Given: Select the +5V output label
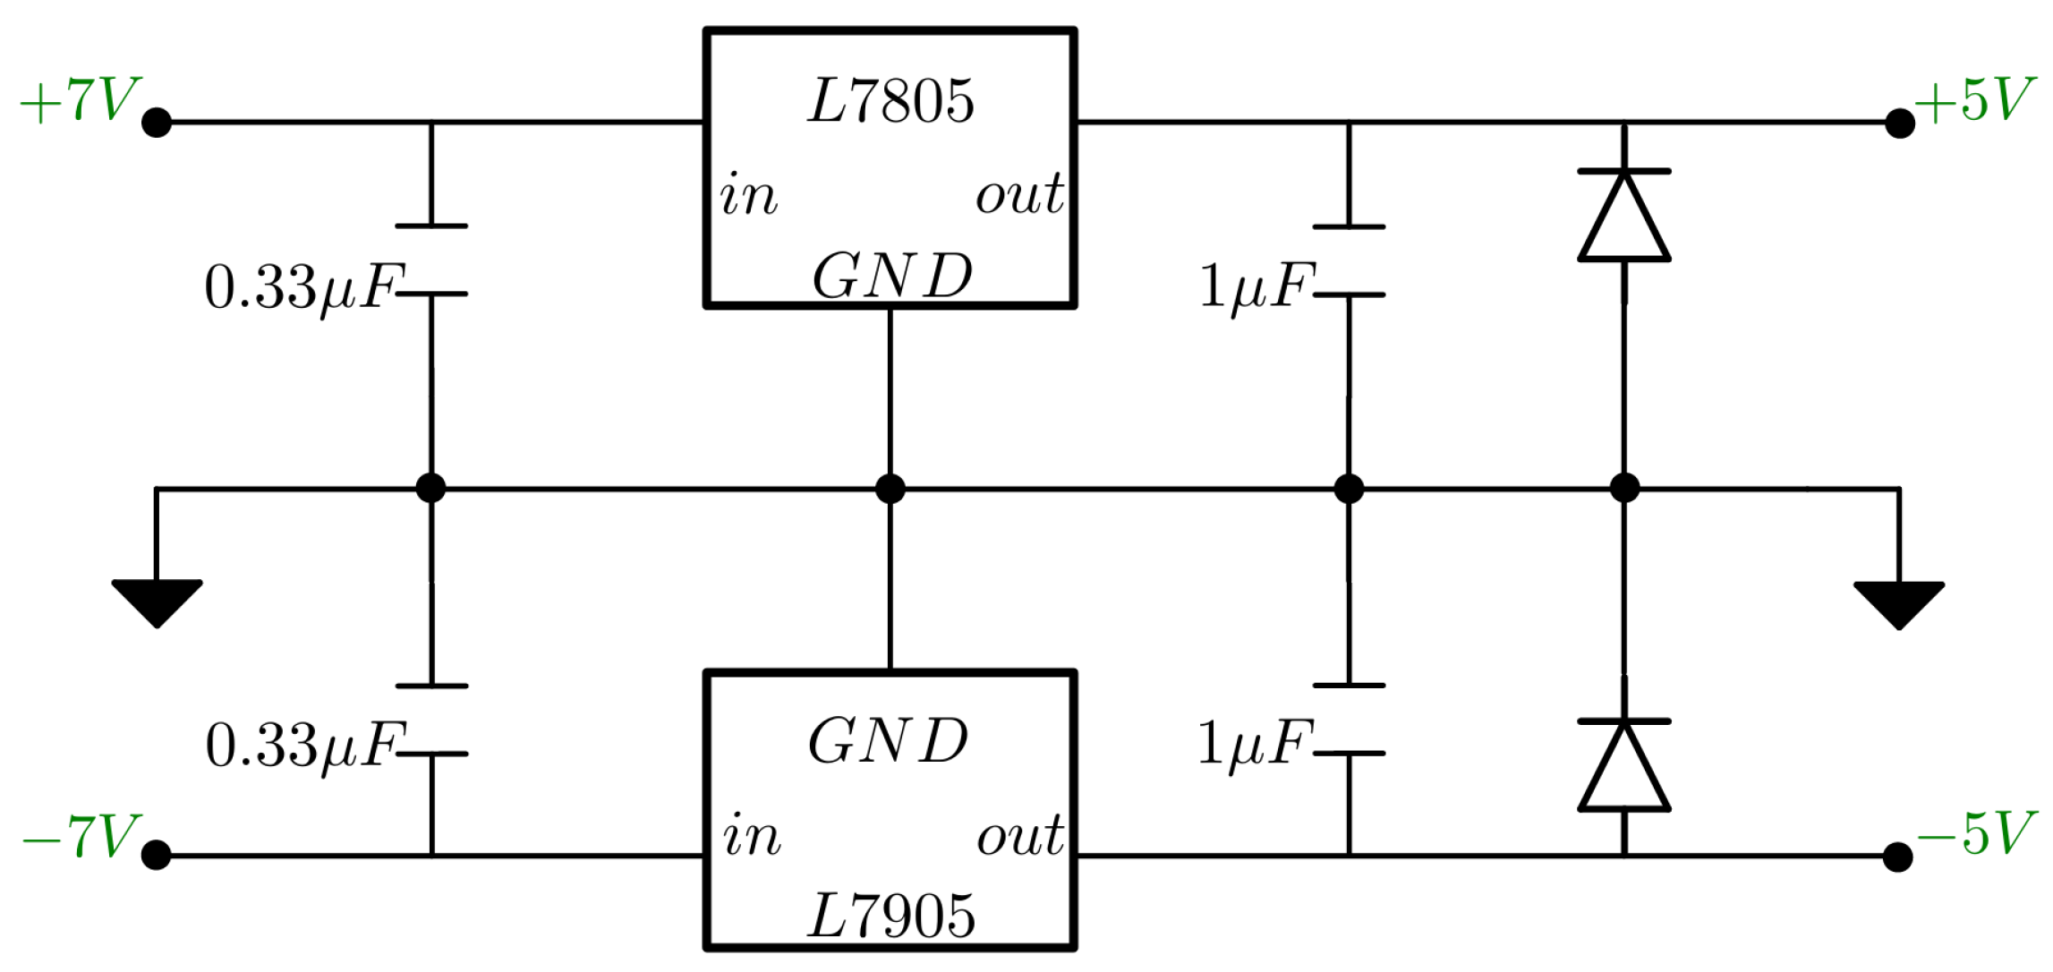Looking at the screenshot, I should pos(1974,100).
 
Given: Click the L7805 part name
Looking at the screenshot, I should pos(890,101).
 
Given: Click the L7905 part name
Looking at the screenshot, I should pos(890,917).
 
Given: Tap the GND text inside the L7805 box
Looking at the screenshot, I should pos(891,277).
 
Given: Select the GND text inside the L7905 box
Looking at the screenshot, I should pos(888,741).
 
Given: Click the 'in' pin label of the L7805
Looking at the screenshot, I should pos(748,194).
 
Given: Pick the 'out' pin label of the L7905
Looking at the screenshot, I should pos(1019,836).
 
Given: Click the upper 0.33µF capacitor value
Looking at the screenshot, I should pos(304,288).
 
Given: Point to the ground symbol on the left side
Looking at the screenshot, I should pos(157,601).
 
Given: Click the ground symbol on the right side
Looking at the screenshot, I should pos(1898,603).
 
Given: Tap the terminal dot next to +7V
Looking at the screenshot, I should pos(157,122).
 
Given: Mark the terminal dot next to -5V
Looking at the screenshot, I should pos(1897,857).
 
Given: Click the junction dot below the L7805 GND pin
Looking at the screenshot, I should pos(890,489).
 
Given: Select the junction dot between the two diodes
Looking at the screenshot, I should pos(1623,489).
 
